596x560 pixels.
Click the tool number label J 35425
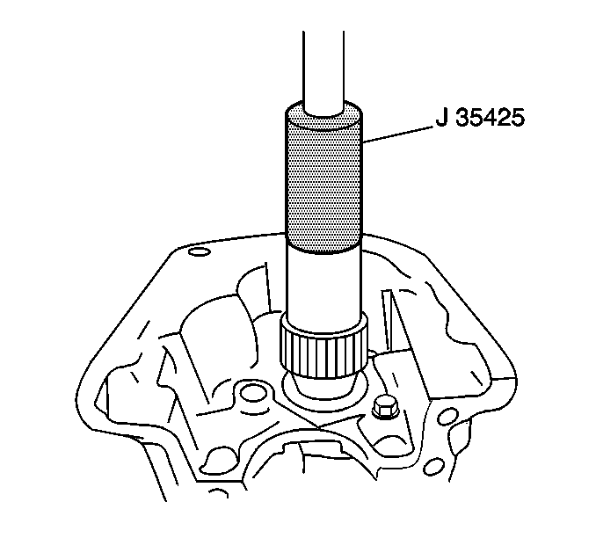coord(480,117)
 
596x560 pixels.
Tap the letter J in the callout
coord(441,117)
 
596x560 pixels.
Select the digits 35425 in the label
coord(491,117)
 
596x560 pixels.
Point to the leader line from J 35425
coord(398,135)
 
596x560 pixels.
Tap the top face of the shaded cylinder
coord(323,116)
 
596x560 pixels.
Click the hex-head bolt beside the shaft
coord(384,409)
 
